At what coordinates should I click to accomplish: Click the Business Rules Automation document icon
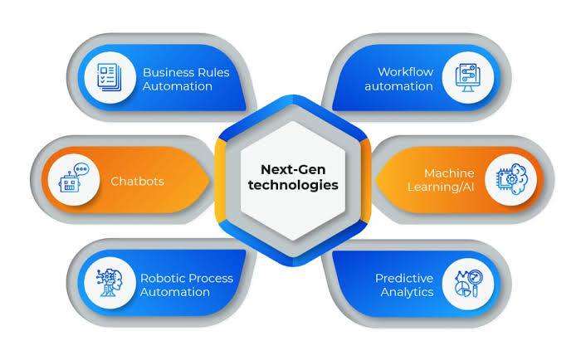[x=109, y=77]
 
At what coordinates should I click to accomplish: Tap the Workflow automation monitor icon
[x=467, y=77]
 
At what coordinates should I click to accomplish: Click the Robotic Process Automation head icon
[x=109, y=282]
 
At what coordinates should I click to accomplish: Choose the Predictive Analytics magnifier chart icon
[x=469, y=284]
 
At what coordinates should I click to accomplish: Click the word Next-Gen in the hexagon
[x=293, y=169]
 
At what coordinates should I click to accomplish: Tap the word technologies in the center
[x=293, y=185]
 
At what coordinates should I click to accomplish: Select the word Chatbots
[x=137, y=181]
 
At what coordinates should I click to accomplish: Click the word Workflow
[x=406, y=71]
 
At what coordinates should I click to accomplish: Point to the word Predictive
[x=404, y=278]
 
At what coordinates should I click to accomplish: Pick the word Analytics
[x=407, y=293]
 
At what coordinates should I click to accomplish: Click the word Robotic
[x=162, y=278]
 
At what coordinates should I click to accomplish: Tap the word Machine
[x=449, y=173]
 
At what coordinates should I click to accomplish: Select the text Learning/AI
[x=441, y=187]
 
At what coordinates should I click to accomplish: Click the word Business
[x=169, y=72]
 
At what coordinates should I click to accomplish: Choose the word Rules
[x=215, y=72]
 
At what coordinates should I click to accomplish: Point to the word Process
[x=210, y=278]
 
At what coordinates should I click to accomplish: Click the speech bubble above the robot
[x=82, y=170]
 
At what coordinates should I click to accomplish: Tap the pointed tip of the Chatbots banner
[x=209, y=180]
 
